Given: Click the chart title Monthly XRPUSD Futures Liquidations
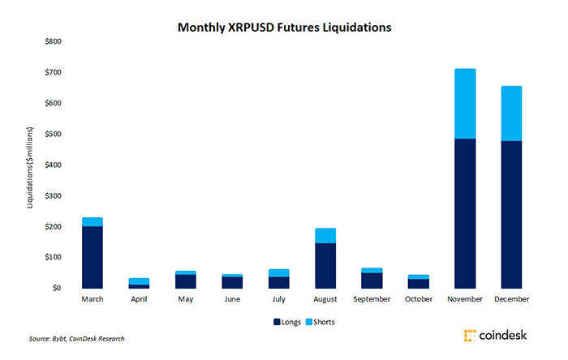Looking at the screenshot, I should (285, 28).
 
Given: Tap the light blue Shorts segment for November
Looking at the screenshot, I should (465, 104).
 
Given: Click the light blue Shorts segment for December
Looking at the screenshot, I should (511, 114).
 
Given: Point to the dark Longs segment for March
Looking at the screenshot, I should (92, 257).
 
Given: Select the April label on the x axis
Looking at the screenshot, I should (139, 300).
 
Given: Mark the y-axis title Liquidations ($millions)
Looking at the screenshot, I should (30, 167).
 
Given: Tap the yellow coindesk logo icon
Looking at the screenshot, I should (468, 335).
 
